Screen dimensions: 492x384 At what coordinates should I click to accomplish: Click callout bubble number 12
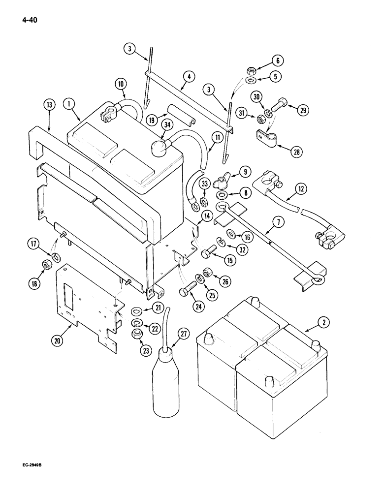click(x=300, y=187)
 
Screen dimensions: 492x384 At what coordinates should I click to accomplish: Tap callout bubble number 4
click(x=190, y=77)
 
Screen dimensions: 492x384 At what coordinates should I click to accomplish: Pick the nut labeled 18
click(x=48, y=266)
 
